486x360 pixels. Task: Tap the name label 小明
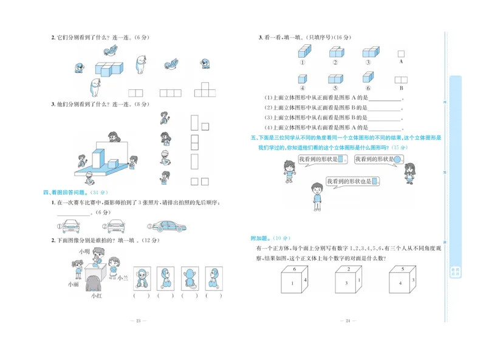tap(84, 251)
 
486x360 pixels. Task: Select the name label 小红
tap(96, 296)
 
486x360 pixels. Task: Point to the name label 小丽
tap(73, 283)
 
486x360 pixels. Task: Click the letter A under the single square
tap(401, 62)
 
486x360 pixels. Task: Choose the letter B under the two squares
tap(401, 88)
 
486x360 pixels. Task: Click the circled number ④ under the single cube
tap(302, 88)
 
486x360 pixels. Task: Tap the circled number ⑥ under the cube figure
tap(368, 88)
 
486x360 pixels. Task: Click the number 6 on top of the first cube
tap(295, 268)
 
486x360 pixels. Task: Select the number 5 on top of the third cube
tap(402, 268)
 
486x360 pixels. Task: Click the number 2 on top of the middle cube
tap(348, 268)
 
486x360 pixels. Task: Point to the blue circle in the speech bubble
tap(397, 159)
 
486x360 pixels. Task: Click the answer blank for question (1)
tap(385, 99)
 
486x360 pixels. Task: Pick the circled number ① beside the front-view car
tap(60, 227)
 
